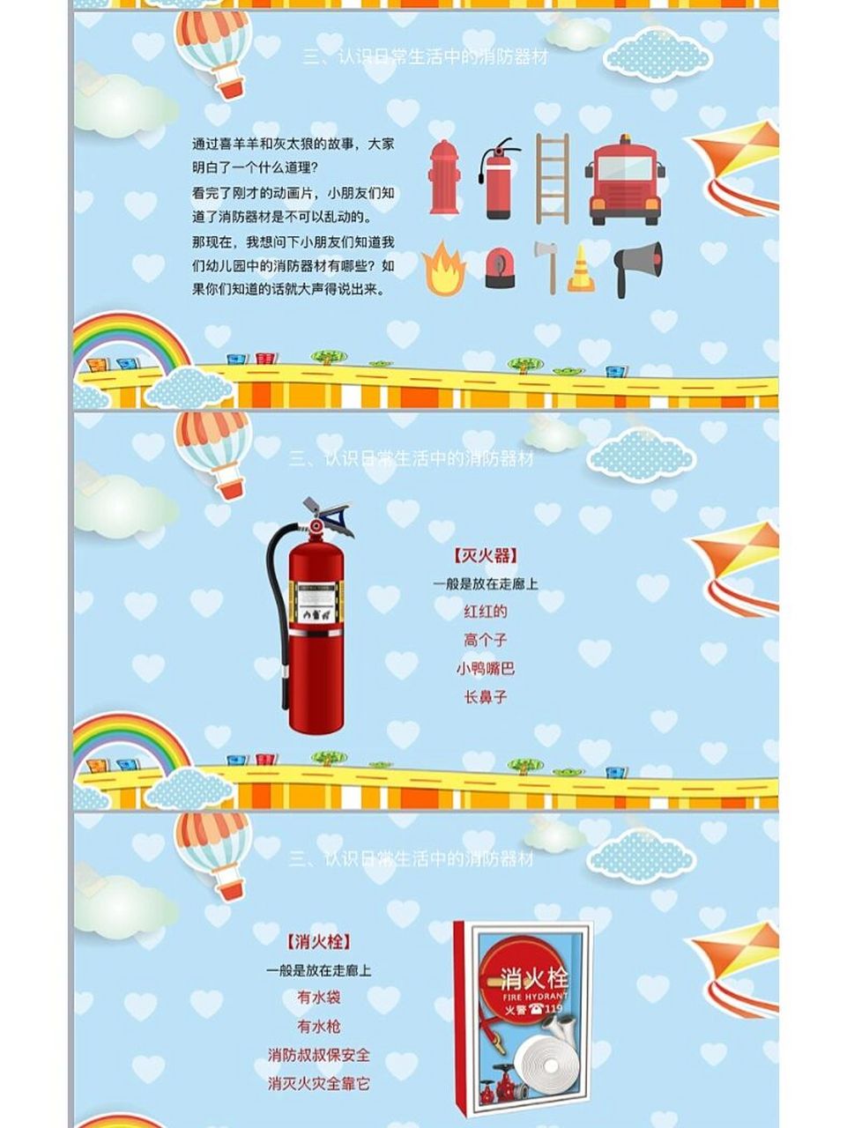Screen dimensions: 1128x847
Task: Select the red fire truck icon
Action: coord(624,179)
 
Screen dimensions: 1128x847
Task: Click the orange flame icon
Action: coord(442,269)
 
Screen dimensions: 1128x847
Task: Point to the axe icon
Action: coord(547,265)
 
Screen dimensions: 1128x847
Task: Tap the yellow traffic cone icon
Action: coord(580,268)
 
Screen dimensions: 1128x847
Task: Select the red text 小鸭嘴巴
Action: coord(485,669)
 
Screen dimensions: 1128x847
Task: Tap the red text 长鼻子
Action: coord(485,697)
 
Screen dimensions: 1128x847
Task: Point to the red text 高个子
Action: coord(485,641)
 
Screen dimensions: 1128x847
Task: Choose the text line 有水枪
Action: coord(318,1027)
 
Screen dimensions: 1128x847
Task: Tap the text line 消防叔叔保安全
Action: coord(318,1055)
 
